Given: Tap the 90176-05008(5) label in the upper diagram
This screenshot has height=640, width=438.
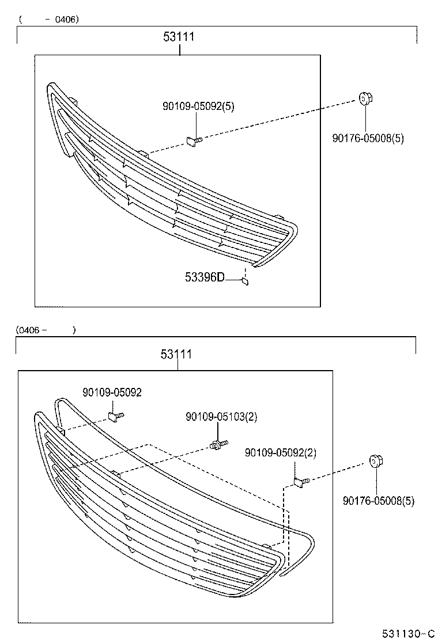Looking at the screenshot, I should pyautogui.click(x=368, y=138).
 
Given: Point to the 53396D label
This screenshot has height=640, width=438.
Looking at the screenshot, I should pyautogui.click(x=205, y=277).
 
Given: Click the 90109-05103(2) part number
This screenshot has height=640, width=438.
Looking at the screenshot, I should pyautogui.click(x=221, y=417).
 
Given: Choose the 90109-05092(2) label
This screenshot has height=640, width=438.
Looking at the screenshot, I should pyautogui.click(x=281, y=453).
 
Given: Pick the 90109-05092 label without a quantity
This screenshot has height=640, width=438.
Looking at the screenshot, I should pyautogui.click(x=112, y=392).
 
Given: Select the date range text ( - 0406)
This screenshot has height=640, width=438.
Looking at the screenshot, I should pyautogui.click(x=48, y=19).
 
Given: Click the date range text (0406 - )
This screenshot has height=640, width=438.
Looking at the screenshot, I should pyautogui.click(x=46, y=330).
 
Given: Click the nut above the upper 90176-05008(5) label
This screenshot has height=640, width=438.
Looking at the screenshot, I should pyautogui.click(x=365, y=100).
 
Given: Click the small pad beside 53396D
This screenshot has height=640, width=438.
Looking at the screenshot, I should pyautogui.click(x=245, y=281).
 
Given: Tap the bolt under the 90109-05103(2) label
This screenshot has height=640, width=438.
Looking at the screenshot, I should pyautogui.click(x=217, y=445).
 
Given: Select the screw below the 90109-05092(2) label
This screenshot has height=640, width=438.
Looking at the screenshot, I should pyautogui.click(x=301, y=481).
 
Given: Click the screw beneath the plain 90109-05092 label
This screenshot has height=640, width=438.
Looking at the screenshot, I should pyautogui.click(x=116, y=416).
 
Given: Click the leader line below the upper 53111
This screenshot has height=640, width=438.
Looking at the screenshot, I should pyautogui.click(x=180, y=49).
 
